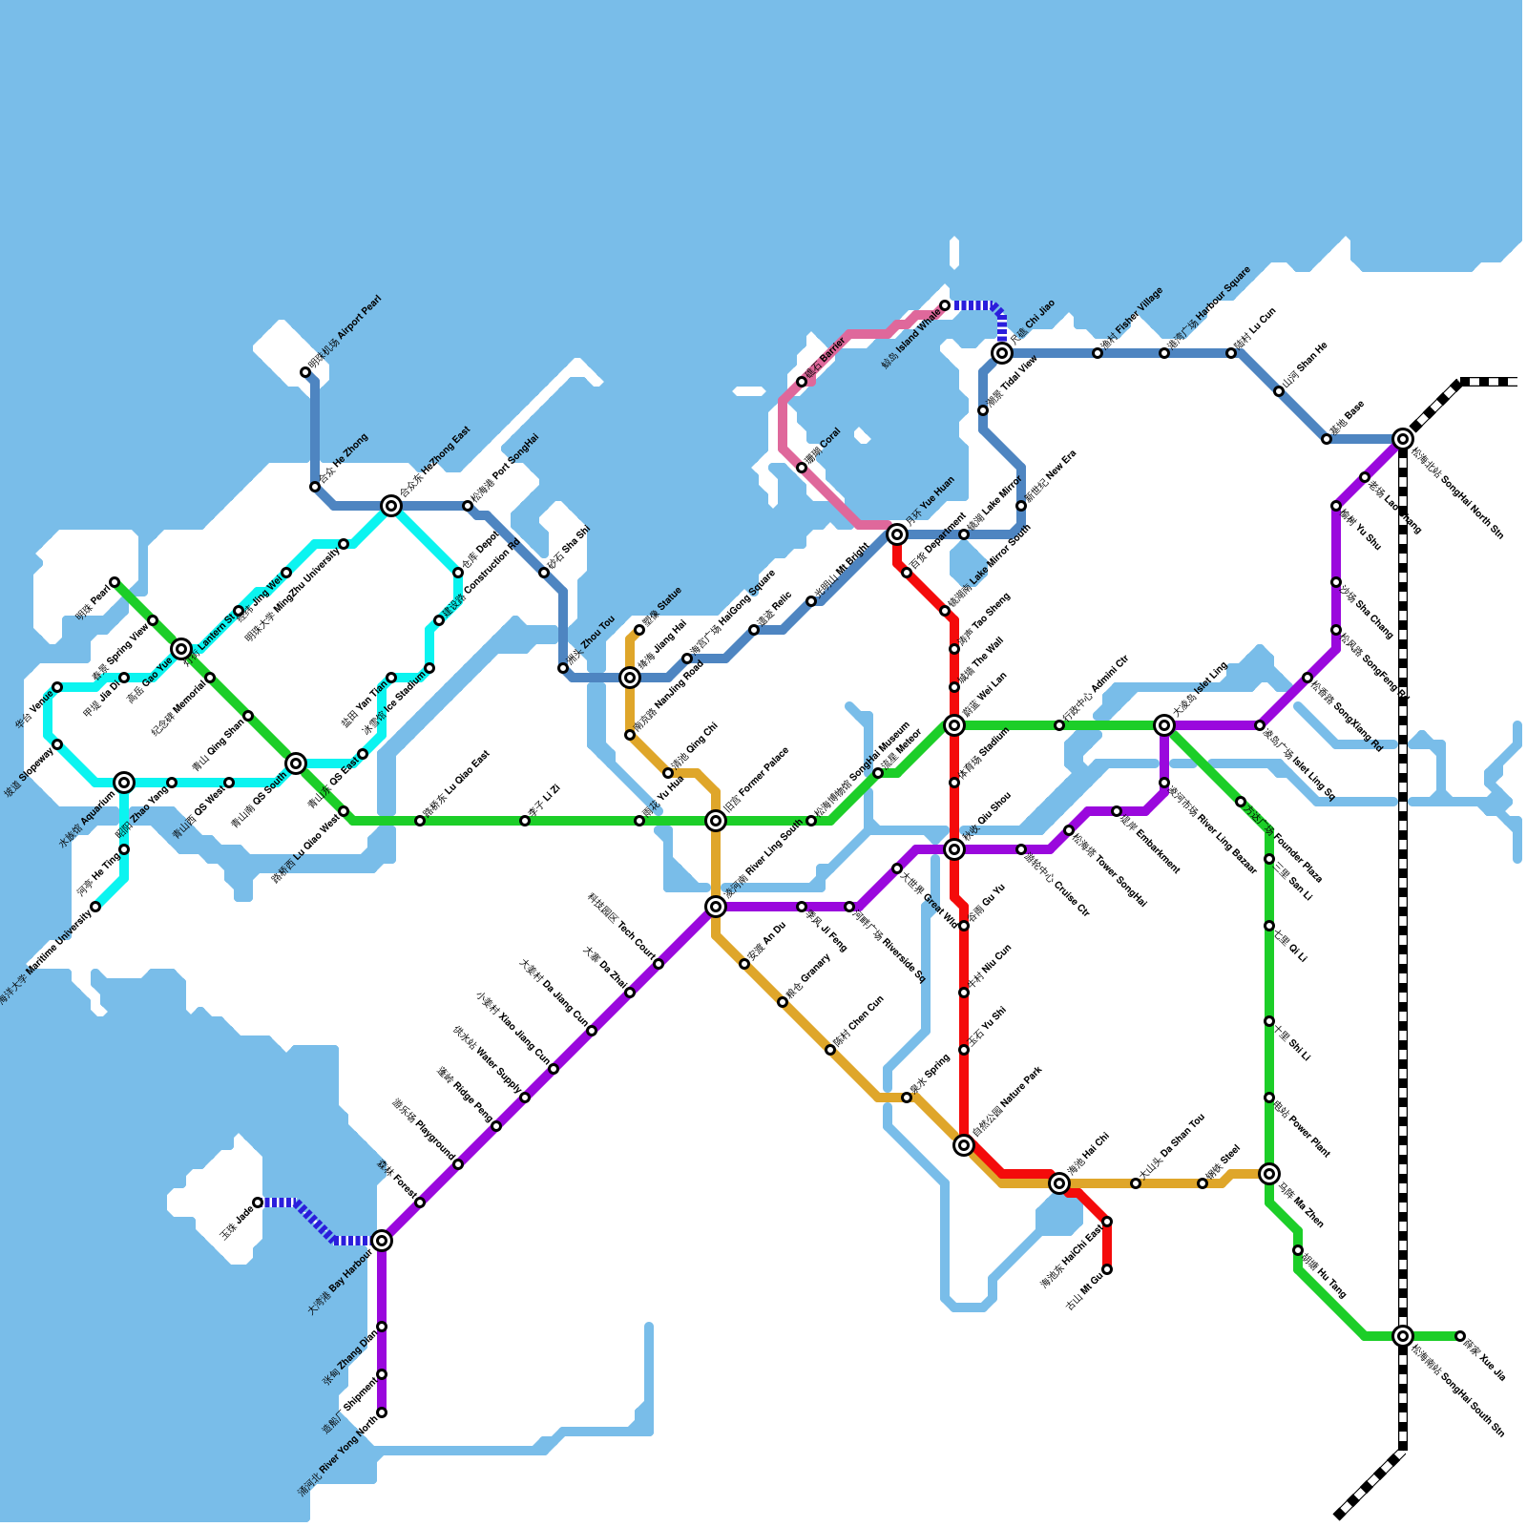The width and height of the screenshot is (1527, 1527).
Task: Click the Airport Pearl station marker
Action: [x=305, y=372]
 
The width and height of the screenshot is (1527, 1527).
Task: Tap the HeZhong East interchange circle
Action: [x=391, y=506]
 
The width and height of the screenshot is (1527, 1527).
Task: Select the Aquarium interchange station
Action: [x=124, y=783]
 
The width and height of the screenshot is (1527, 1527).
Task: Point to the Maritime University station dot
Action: [x=95, y=907]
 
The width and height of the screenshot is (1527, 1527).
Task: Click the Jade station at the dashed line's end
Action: [x=258, y=1203]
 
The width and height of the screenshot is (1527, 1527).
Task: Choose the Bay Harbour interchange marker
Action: [x=382, y=1241]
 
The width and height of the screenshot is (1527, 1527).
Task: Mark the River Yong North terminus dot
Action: [x=382, y=1412]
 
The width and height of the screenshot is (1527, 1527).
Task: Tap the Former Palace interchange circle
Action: [x=716, y=821]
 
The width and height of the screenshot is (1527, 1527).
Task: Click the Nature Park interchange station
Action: [x=964, y=1145]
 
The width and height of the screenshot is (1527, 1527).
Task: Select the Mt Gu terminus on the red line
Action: [x=1107, y=1269]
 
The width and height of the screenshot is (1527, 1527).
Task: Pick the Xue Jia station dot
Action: [x=1460, y=1336]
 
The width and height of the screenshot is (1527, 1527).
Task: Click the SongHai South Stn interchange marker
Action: [x=1403, y=1336]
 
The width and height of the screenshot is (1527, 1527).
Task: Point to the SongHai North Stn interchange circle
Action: [x=1403, y=439]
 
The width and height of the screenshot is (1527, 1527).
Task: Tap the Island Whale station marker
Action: [x=945, y=305]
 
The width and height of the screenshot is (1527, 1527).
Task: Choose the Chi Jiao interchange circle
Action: [x=1002, y=353]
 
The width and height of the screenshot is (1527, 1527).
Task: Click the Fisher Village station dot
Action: [x=1098, y=353]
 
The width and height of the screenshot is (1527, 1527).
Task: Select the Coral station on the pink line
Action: [x=802, y=468]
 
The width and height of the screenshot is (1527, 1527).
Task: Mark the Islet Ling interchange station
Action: [x=1164, y=725]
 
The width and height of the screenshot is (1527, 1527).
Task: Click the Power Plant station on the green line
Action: [x=1269, y=1098]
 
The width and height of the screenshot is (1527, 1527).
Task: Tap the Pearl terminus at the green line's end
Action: [x=115, y=582]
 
